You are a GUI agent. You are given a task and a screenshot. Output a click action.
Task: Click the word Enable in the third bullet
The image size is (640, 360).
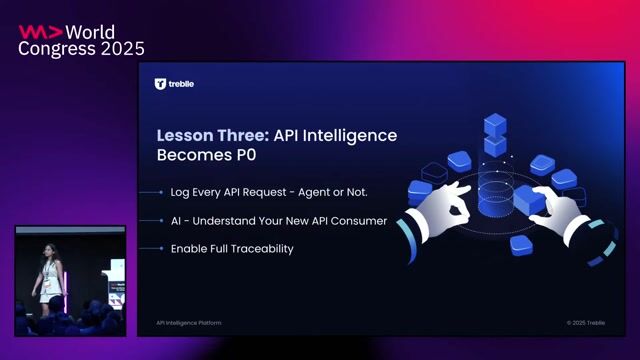pos(187,248)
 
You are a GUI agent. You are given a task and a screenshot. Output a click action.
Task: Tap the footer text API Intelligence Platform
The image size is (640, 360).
pos(189,323)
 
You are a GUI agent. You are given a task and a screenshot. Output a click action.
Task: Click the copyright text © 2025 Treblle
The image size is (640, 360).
pos(584,323)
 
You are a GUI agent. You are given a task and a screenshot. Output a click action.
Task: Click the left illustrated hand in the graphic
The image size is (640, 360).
pos(440,206)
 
